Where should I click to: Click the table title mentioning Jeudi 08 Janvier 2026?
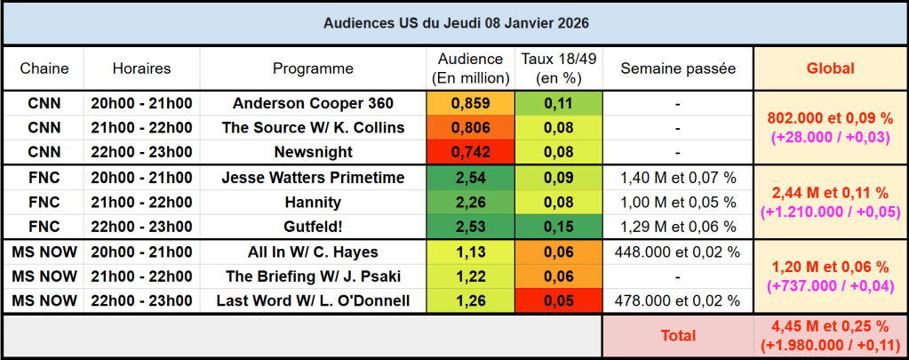(455, 22)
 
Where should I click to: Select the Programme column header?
(313, 68)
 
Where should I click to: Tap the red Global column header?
(830, 68)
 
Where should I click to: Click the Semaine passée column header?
(678, 68)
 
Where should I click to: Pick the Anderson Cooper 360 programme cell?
(313, 103)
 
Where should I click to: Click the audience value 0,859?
(471, 103)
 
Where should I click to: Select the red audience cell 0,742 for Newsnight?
(471, 152)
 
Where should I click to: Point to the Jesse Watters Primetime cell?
(313, 178)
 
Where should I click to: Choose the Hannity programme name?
(313, 202)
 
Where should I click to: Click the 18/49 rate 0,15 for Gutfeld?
(559, 227)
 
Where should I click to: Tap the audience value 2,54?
(471, 178)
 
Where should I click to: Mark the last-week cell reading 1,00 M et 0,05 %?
(678, 202)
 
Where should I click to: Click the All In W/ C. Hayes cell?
(313, 252)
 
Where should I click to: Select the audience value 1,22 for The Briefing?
(471, 276)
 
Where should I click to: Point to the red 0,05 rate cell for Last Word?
(559, 300)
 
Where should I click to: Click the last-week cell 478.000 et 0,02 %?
(678, 300)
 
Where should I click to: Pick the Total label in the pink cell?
(678, 336)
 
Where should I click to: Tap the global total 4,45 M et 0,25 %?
(830, 328)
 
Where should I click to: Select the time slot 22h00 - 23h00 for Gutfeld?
(141, 227)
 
